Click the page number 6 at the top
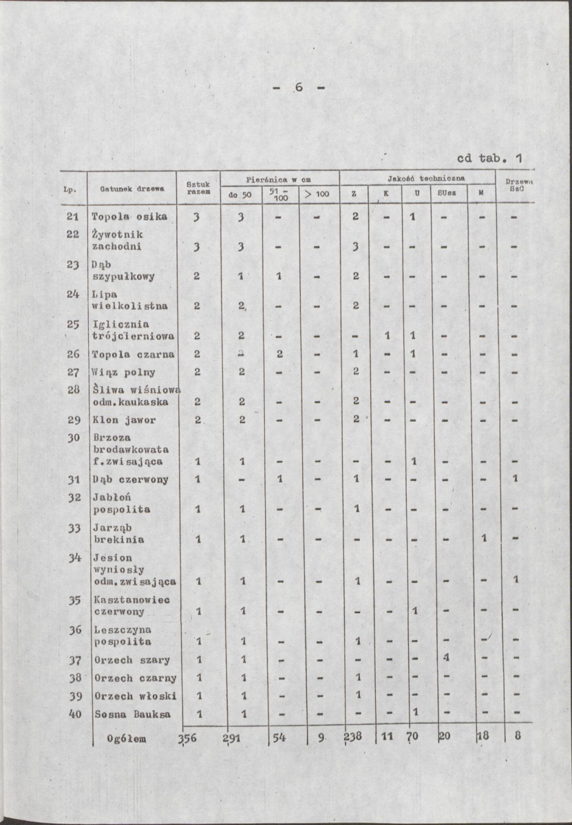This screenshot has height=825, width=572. pyautogui.click(x=299, y=87)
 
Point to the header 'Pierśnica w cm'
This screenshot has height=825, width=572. pyautogui.click(x=279, y=178)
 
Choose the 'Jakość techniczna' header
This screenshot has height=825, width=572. pyautogui.click(x=417, y=178)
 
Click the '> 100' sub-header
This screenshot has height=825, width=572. pyautogui.click(x=318, y=195)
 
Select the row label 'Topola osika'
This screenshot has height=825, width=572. pyautogui.click(x=129, y=217)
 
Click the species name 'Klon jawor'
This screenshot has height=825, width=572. pyautogui.click(x=124, y=419)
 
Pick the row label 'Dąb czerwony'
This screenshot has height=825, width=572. pyautogui.click(x=130, y=479)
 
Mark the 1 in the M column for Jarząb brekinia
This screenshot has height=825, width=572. pyautogui.click(x=484, y=538)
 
